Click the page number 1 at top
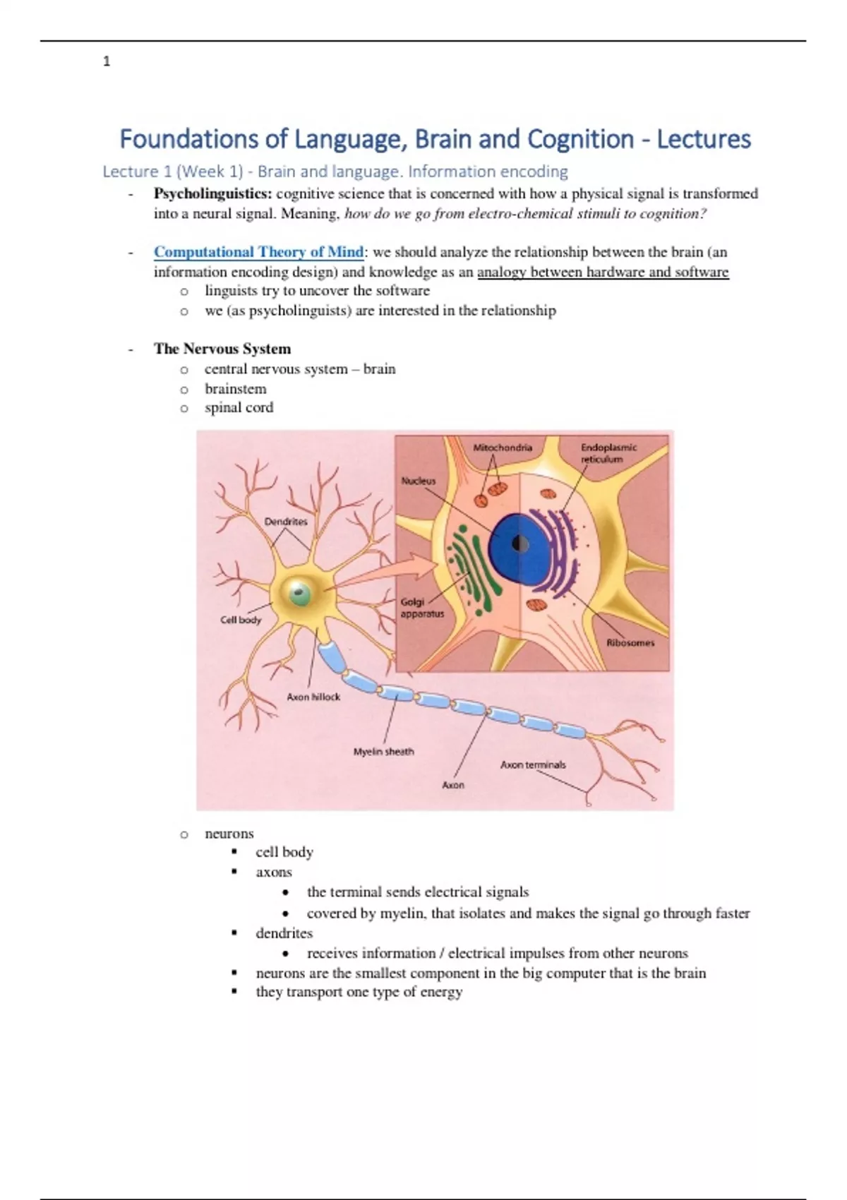[x=107, y=62]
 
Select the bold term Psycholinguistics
[x=212, y=194]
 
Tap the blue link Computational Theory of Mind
[x=258, y=252]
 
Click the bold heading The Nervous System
[x=222, y=349]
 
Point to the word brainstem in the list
[x=236, y=389]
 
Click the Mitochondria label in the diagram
[x=503, y=448]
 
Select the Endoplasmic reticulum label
[x=608, y=453]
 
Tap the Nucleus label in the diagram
[x=419, y=481]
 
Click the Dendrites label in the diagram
[x=286, y=522]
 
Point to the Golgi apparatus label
[x=422, y=608]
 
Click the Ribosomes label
[x=630, y=643]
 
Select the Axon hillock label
[x=313, y=697]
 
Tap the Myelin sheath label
[x=384, y=752]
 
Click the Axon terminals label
[x=533, y=764]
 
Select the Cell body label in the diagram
[x=241, y=620]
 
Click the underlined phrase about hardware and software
[x=603, y=272]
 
